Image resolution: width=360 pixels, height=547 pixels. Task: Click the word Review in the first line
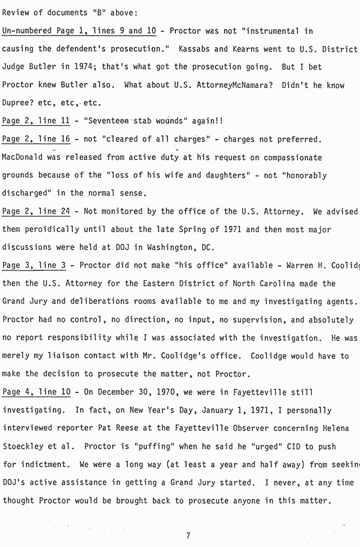(x=15, y=13)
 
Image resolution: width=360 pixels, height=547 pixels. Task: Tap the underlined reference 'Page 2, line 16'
(x=36, y=139)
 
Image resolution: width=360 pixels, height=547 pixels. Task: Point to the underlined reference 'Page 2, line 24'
(x=36, y=211)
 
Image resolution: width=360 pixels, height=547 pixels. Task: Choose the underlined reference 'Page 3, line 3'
(x=34, y=265)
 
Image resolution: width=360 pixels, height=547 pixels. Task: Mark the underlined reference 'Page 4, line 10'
(x=36, y=392)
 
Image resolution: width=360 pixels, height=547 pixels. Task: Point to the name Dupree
(x=17, y=103)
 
